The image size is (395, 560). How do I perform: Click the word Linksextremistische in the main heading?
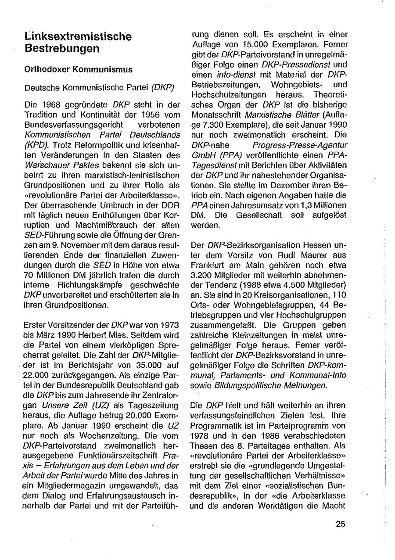tap(78, 36)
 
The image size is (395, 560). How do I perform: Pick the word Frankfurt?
tap(205, 266)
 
